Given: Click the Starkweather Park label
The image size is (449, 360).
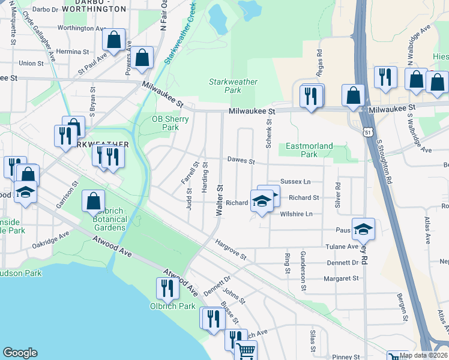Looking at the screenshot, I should tap(233, 86).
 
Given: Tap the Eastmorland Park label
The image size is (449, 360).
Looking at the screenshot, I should tap(309, 150).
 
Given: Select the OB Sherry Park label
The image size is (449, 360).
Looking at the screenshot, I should tap(170, 123).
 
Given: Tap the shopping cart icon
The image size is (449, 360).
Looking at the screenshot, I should tap(246, 351).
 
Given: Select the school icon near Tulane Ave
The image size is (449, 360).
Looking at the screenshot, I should tap(363, 229).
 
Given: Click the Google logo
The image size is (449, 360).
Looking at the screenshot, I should tap(20, 353).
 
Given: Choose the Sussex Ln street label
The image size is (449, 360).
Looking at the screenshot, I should tap(295, 181).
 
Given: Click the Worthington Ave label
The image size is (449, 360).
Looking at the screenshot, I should tap(81, 28).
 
